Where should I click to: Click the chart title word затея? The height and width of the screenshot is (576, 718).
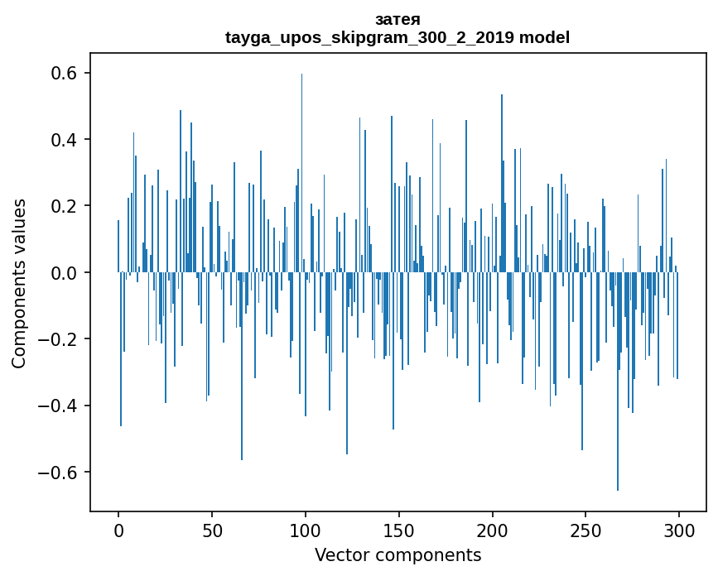click(x=398, y=20)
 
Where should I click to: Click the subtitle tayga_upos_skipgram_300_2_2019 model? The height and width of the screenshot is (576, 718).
click(x=398, y=37)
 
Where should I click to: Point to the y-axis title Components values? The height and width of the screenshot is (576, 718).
click(x=19, y=283)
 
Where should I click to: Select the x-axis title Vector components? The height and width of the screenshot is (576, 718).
click(x=398, y=554)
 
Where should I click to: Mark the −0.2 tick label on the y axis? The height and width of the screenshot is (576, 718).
click(x=55, y=339)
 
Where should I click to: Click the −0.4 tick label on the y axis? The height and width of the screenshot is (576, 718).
click(x=55, y=406)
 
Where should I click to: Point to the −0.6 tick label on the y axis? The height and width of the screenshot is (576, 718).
click(x=55, y=473)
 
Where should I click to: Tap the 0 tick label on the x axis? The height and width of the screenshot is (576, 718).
click(x=118, y=529)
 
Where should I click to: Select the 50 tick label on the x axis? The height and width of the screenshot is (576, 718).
click(x=212, y=529)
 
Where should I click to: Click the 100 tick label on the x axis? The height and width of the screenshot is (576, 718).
click(x=306, y=529)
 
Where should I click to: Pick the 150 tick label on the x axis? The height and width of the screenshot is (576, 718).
click(x=399, y=529)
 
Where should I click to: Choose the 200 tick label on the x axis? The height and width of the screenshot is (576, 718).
click(x=493, y=529)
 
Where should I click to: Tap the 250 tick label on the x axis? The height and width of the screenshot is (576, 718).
click(x=585, y=529)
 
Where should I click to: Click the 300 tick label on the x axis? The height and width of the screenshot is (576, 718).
click(x=679, y=529)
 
